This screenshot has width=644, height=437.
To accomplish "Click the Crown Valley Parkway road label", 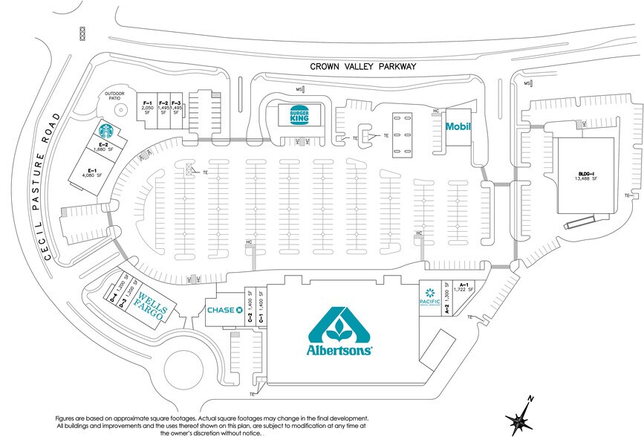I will point(363,67).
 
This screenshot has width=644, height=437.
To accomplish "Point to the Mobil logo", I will point(458,126).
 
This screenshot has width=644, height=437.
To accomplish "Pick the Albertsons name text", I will point(339,349).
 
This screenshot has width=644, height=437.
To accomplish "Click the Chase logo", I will point(226,310).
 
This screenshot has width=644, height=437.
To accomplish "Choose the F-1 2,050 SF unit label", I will point(147,107).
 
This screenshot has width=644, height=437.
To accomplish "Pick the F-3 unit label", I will point(176,107).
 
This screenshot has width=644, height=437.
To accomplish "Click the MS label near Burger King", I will point(299,89).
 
